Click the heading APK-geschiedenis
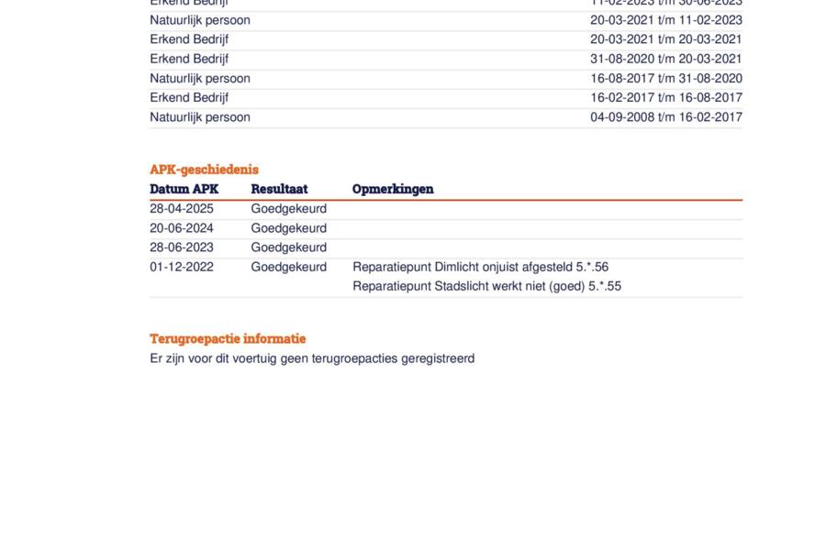[204, 170]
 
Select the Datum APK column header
[184, 189]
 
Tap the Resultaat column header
[279, 189]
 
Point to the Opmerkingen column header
[393, 189]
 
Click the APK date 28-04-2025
[182, 209]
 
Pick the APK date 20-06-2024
[182, 228]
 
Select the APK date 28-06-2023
[182, 247]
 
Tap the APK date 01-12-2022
[182, 268]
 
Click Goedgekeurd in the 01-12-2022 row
[288, 268]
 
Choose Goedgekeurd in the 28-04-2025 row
[288, 209]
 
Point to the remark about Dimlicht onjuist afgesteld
[480, 268]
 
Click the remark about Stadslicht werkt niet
[486, 286]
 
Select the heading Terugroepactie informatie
[228, 339]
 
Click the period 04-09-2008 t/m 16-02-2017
[665, 117]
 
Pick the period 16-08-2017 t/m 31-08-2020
[665, 79]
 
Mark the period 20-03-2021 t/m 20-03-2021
[665, 39]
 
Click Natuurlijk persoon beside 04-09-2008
[200, 117]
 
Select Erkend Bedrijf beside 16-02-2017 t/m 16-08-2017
[189, 98]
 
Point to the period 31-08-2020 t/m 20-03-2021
[665, 59]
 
